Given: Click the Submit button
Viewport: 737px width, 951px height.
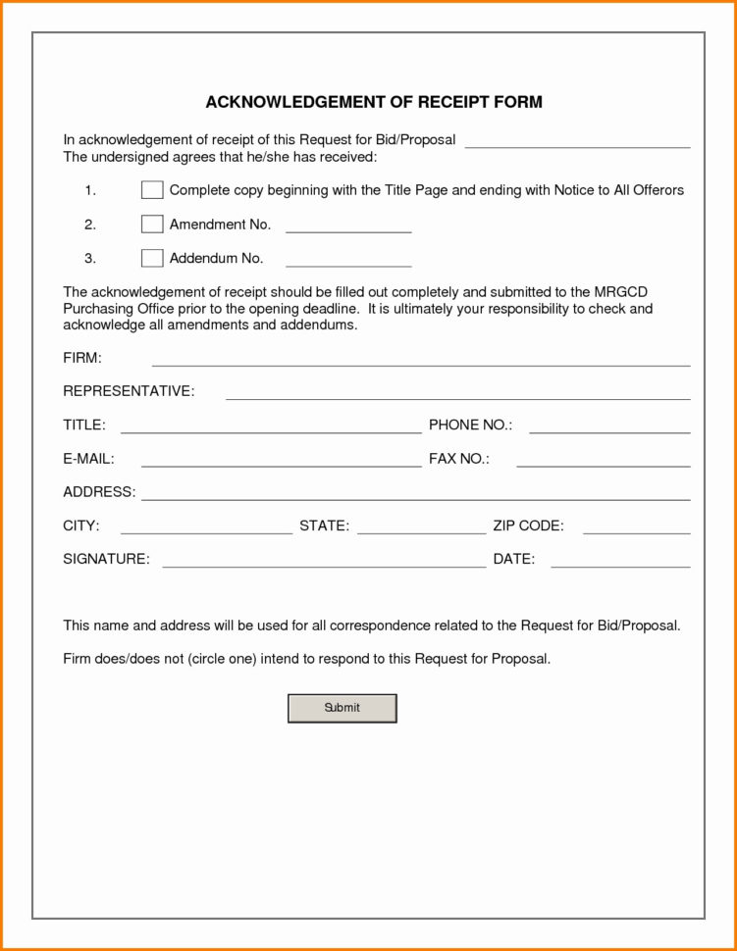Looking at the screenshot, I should (x=342, y=708).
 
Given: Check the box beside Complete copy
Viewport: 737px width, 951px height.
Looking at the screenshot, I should (x=152, y=190).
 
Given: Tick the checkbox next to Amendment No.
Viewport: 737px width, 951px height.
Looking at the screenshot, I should (x=152, y=225).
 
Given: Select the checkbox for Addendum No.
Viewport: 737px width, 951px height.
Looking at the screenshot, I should (x=152, y=259).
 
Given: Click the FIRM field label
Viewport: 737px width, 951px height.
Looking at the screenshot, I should (x=82, y=358).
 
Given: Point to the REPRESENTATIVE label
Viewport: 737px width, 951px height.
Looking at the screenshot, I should (x=129, y=392).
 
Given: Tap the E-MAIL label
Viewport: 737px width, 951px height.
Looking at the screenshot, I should (x=88, y=459).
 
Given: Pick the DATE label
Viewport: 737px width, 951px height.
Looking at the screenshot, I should (x=513, y=560).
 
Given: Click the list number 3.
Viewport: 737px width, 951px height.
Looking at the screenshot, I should (x=89, y=259).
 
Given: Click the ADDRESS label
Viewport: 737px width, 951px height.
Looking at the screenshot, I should (x=99, y=492).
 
